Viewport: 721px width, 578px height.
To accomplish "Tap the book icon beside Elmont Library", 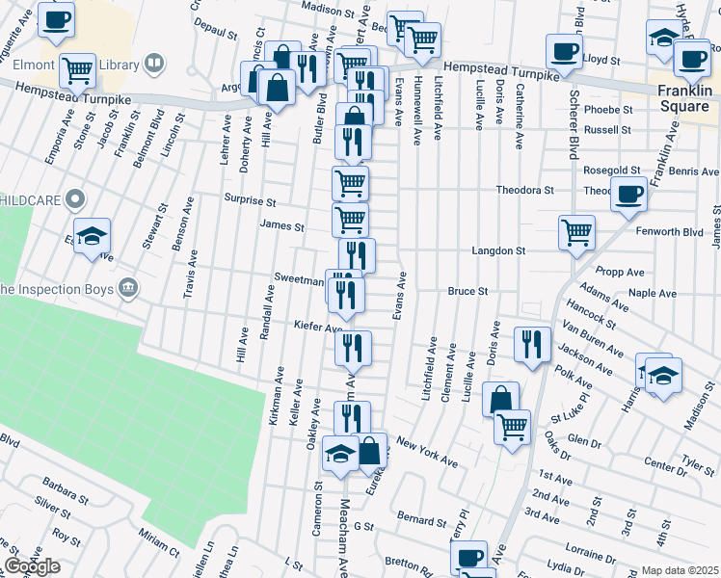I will pos(153,64).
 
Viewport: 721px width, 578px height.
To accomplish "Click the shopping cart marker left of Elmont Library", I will pos(77,69).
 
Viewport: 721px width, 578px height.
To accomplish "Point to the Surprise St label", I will pos(252,203).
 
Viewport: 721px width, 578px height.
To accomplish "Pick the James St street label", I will pos(281,227).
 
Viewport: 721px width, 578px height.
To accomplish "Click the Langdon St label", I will pos(497,250).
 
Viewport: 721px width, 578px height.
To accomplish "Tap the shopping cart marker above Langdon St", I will pos(576,231).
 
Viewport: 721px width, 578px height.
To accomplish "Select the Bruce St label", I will pos(468,290).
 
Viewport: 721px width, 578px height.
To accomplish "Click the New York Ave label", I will pos(426,454).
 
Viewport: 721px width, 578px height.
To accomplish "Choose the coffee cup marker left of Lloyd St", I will pos(564,50).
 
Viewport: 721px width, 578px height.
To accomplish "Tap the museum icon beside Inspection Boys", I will pos(127,288).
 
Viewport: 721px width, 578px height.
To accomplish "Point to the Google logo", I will pos(32,566).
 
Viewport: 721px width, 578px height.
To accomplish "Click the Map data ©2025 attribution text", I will pos(680,570).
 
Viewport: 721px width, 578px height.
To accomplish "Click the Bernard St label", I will pos(420,520).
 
